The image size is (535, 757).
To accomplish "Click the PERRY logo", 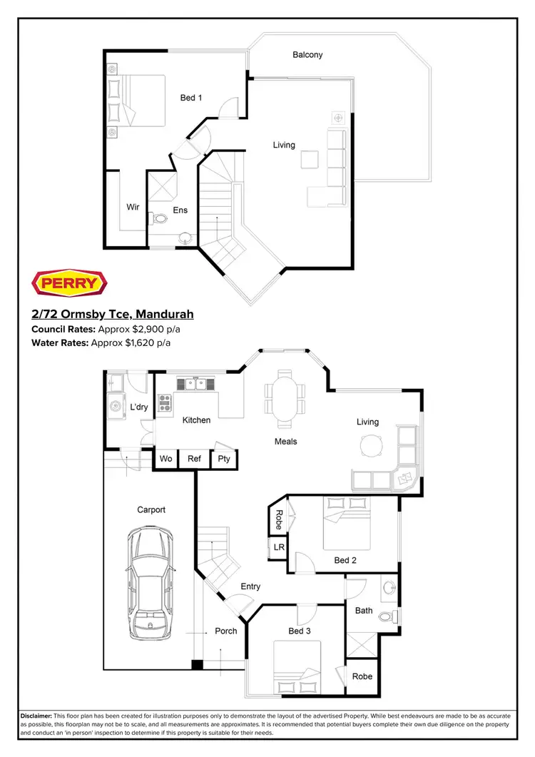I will [x=70, y=283].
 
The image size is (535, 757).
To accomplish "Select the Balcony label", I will [x=307, y=55].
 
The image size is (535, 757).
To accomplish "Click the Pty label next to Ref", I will [x=224, y=459].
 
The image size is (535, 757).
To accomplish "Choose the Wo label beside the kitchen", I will [x=165, y=459].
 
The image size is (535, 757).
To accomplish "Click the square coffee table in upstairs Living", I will [x=310, y=159].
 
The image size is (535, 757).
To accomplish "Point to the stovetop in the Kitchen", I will [x=164, y=404].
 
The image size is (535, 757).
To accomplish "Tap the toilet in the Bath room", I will [x=387, y=616].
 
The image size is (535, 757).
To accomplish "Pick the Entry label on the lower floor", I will [x=250, y=586].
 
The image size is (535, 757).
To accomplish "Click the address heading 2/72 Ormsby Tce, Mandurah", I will [x=113, y=314].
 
